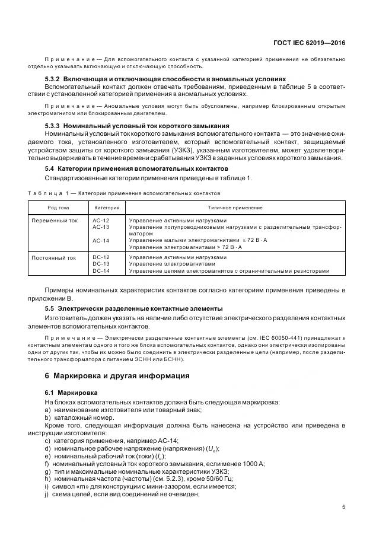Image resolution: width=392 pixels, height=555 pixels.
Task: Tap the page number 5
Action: coord(344,506)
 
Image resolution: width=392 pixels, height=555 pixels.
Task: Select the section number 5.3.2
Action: coord(54,79)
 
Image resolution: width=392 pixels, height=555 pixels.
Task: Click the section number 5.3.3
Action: coord(54,126)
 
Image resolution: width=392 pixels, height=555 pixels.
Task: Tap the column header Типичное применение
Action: coord(235,208)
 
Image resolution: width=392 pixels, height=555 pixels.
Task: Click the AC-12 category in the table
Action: coord(101,221)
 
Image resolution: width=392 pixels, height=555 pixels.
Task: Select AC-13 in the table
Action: coord(101,227)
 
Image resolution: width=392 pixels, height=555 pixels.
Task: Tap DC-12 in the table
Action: coord(101,258)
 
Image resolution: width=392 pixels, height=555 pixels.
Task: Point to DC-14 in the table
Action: coord(101,271)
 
